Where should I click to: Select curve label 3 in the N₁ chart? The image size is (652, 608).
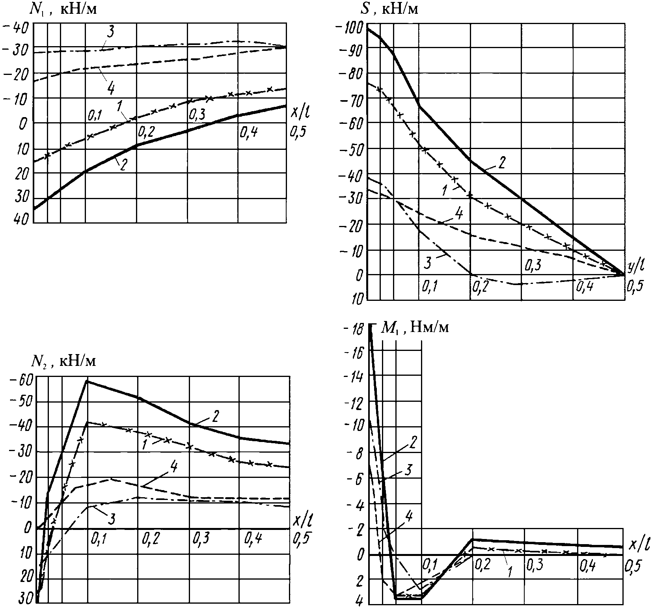pos(110,32)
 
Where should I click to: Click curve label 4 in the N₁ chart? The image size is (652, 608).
pos(110,88)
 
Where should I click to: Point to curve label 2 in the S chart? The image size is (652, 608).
pos(502,163)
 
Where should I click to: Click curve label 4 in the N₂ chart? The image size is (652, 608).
pos(173,468)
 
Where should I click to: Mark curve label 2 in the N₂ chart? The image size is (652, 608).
pos(215,417)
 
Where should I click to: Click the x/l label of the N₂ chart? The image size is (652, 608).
pos(302,521)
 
